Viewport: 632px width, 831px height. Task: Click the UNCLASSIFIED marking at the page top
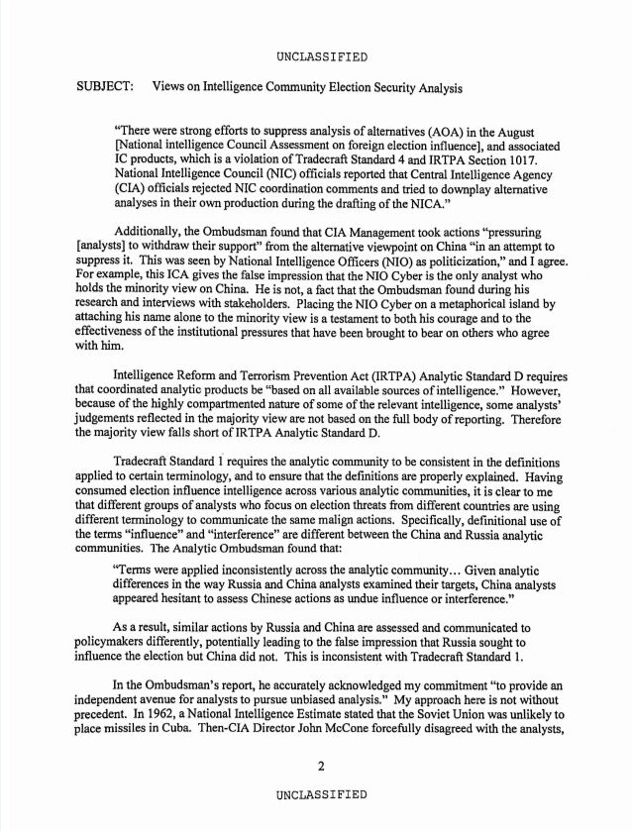click(x=322, y=55)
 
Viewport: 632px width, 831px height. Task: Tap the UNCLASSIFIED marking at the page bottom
click(x=322, y=793)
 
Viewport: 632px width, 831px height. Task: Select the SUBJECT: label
click(x=106, y=87)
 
